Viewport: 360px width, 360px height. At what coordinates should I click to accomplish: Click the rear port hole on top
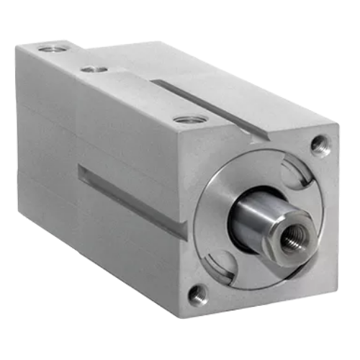[50, 48]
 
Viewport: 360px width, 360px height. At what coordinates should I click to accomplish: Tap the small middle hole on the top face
[94, 69]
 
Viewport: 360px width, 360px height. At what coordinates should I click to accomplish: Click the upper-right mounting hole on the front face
[320, 146]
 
